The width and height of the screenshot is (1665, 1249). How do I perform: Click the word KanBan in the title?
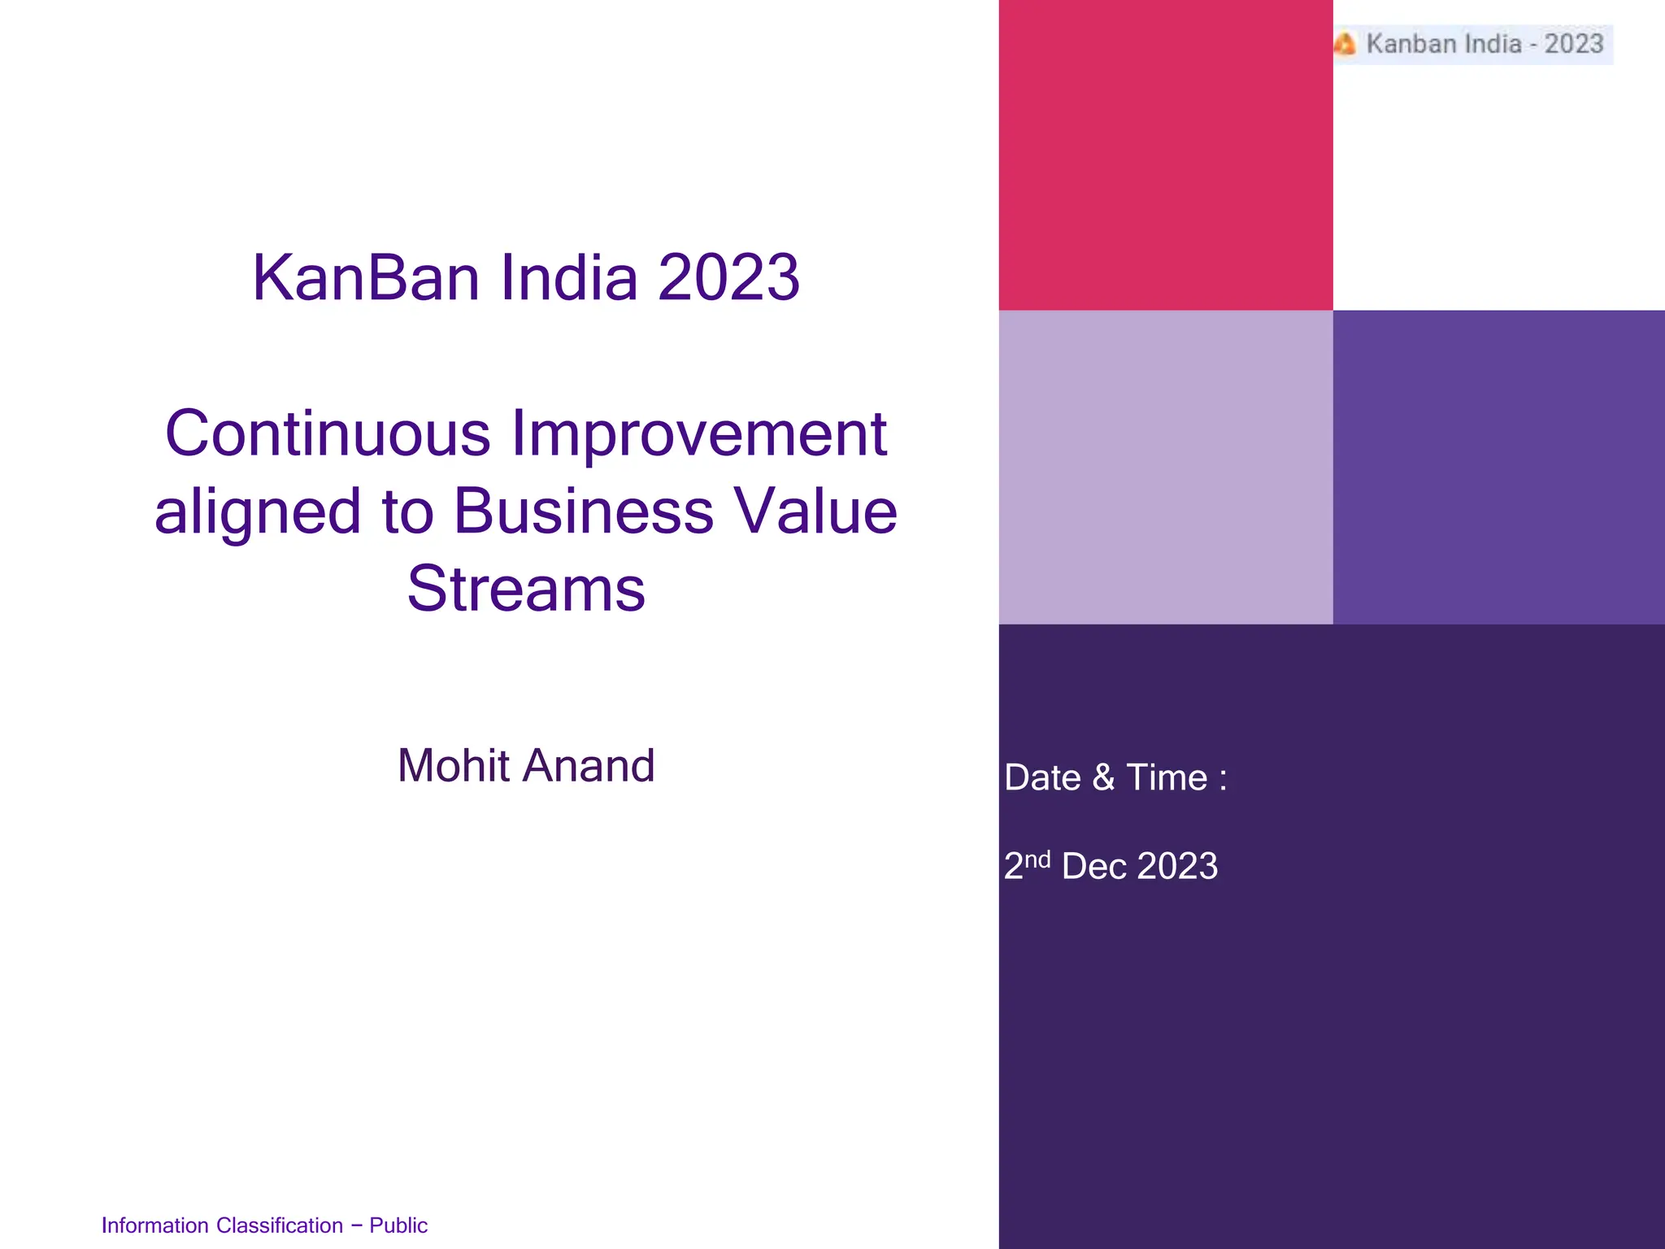pyautogui.click(x=366, y=278)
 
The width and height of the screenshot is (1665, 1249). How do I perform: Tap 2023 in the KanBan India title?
pyautogui.click(x=728, y=278)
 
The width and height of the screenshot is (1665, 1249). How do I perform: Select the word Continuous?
pyautogui.click(x=328, y=433)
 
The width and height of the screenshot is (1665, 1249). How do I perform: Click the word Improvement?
pyautogui.click(x=698, y=433)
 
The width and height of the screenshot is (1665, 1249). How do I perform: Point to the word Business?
pyautogui.click(x=584, y=511)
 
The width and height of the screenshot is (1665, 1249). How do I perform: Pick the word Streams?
pyautogui.click(x=526, y=589)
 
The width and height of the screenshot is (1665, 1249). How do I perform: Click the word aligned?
pyautogui.click(x=257, y=511)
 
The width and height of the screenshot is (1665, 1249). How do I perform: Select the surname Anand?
pyautogui.click(x=589, y=766)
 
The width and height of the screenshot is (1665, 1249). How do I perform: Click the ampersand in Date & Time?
pyautogui.click(x=1103, y=778)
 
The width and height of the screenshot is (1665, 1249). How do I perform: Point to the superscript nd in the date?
pyautogui.click(x=1037, y=860)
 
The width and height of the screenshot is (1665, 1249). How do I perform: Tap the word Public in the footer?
pyautogui.click(x=398, y=1225)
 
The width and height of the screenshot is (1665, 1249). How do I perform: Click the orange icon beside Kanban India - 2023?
pyautogui.click(x=1345, y=44)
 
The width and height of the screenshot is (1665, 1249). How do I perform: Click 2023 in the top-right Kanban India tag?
pyautogui.click(x=1573, y=44)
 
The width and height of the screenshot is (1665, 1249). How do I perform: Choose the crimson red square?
pyautogui.click(x=1165, y=154)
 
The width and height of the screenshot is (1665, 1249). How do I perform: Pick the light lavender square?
pyautogui.click(x=1165, y=467)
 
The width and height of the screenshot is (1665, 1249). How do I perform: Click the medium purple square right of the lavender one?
pyautogui.click(x=1498, y=467)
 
